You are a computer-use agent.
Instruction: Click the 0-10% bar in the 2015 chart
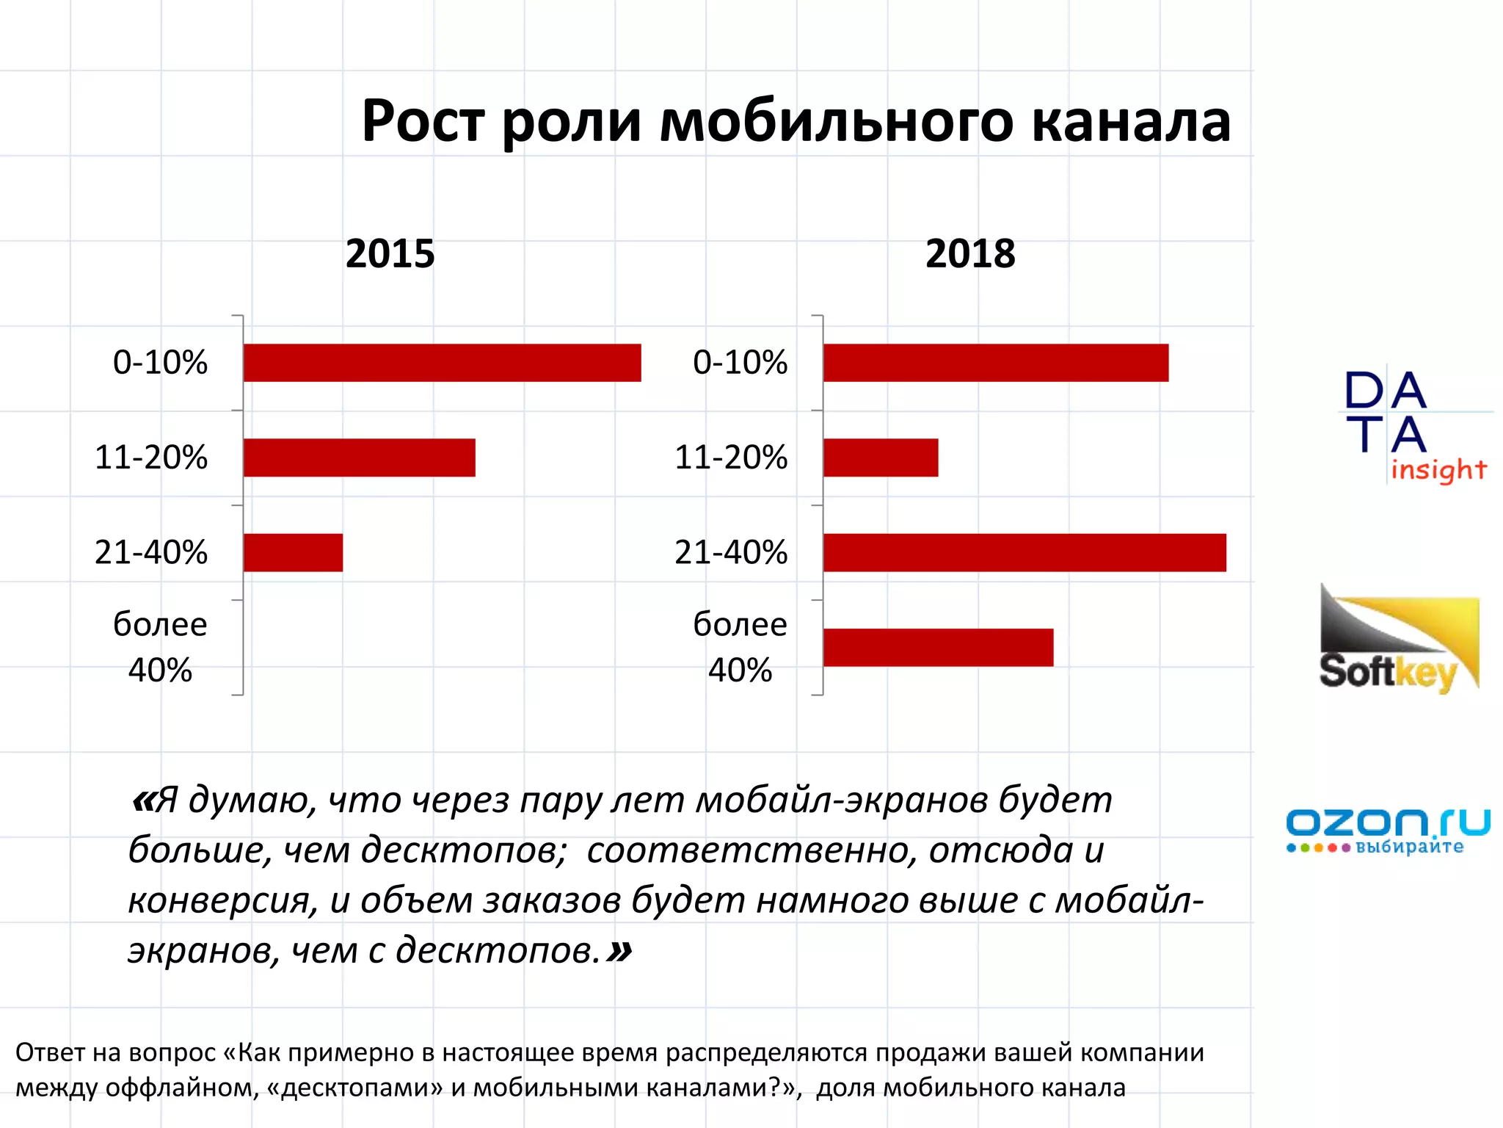442,363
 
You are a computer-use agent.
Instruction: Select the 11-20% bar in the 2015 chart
359,458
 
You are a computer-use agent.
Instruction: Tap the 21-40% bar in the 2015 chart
293,552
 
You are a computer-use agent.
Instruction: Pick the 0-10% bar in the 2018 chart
995,363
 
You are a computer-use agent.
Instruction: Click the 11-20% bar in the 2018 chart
880,458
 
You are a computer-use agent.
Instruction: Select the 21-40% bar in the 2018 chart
1024,552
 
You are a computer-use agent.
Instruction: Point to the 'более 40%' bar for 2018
937,647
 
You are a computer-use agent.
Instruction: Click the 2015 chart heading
390,254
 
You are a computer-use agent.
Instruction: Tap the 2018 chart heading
969,254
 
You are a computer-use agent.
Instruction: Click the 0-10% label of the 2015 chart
160,363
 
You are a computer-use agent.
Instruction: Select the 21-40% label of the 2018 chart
730,552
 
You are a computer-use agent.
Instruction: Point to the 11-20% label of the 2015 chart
151,458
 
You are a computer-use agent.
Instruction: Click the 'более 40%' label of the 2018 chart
740,647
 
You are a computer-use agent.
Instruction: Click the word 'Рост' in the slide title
423,121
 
